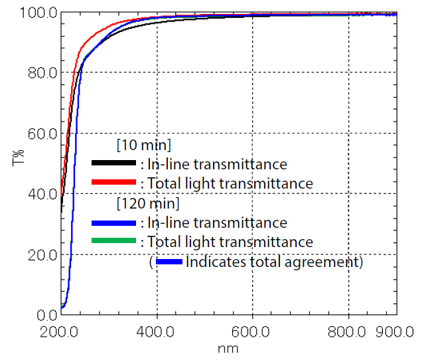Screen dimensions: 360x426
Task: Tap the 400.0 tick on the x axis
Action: [157, 330]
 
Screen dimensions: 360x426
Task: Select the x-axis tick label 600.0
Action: [252, 330]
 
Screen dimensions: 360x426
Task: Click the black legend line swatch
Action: [113, 163]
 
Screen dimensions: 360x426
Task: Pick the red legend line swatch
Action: [113, 182]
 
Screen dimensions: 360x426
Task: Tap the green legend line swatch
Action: [113, 241]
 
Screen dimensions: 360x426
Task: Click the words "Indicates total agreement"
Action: [274, 262]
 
